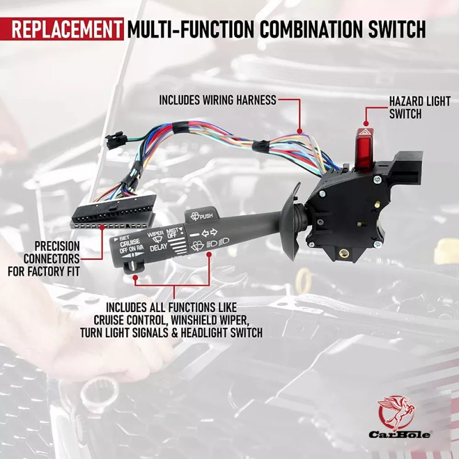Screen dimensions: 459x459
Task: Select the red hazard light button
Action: (365, 149)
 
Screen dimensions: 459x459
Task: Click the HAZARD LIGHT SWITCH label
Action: (419, 108)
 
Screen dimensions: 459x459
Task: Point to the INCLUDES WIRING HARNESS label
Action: (217, 100)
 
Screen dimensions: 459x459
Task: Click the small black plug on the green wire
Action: (114, 140)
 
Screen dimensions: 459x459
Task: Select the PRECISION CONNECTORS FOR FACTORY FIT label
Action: (44, 259)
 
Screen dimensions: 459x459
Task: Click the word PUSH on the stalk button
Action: (206, 216)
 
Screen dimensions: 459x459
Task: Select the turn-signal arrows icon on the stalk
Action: (210, 233)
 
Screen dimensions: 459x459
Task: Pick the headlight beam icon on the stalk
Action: (217, 242)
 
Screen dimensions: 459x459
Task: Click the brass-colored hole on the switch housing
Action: (343, 253)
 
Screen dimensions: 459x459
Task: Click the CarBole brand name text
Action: (399, 434)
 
